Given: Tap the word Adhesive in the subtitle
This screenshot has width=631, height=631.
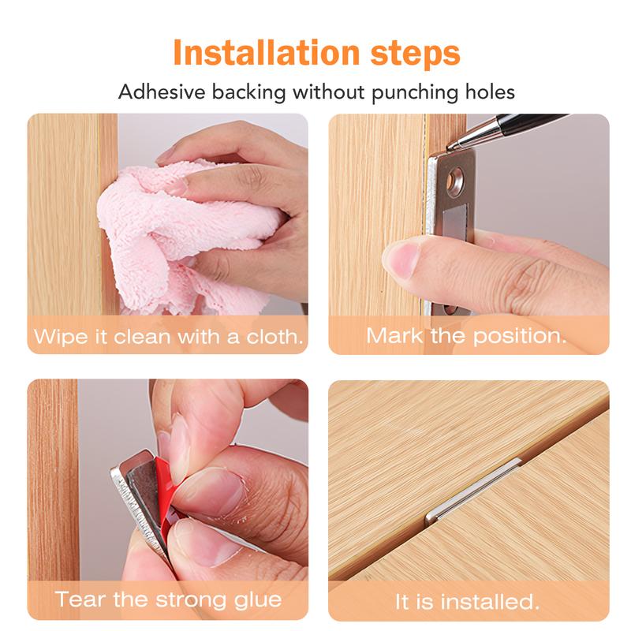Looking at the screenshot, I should tap(162, 92).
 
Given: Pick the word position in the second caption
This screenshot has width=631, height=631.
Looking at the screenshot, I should tap(519, 336).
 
